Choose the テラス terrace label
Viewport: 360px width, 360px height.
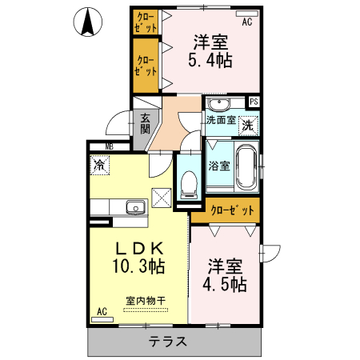click(168, 342)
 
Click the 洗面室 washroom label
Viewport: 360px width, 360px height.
click(220, 121)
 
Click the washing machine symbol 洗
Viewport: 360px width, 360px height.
click(249, 126)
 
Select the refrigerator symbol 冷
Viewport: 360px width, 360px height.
click(100, 166)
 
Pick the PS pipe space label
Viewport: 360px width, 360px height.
click(254, 102)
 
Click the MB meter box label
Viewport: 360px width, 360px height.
click(110, 146)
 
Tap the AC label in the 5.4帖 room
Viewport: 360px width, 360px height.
click(247, 22)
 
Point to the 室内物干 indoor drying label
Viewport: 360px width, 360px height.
click(145, 301)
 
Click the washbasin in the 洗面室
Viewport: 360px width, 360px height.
click(218, 105)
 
